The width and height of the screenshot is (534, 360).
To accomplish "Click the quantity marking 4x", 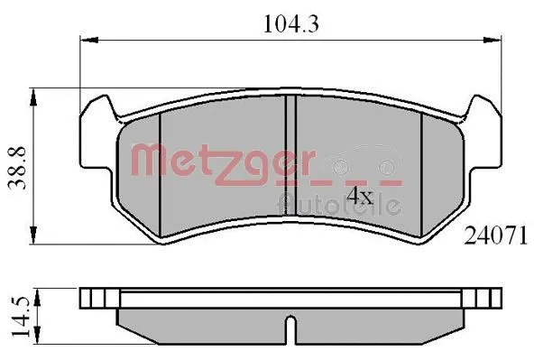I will [361, 193].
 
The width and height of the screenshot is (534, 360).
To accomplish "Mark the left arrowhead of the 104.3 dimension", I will [86, 40].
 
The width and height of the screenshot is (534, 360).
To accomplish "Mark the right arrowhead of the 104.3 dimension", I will [496, 40].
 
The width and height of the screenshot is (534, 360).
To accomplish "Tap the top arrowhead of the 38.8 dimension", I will [33, 91].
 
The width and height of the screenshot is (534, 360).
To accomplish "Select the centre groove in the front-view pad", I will [290, 167].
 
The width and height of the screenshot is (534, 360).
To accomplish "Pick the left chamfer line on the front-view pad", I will [159, 171].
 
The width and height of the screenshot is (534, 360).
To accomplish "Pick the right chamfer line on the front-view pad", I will [424, 171].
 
